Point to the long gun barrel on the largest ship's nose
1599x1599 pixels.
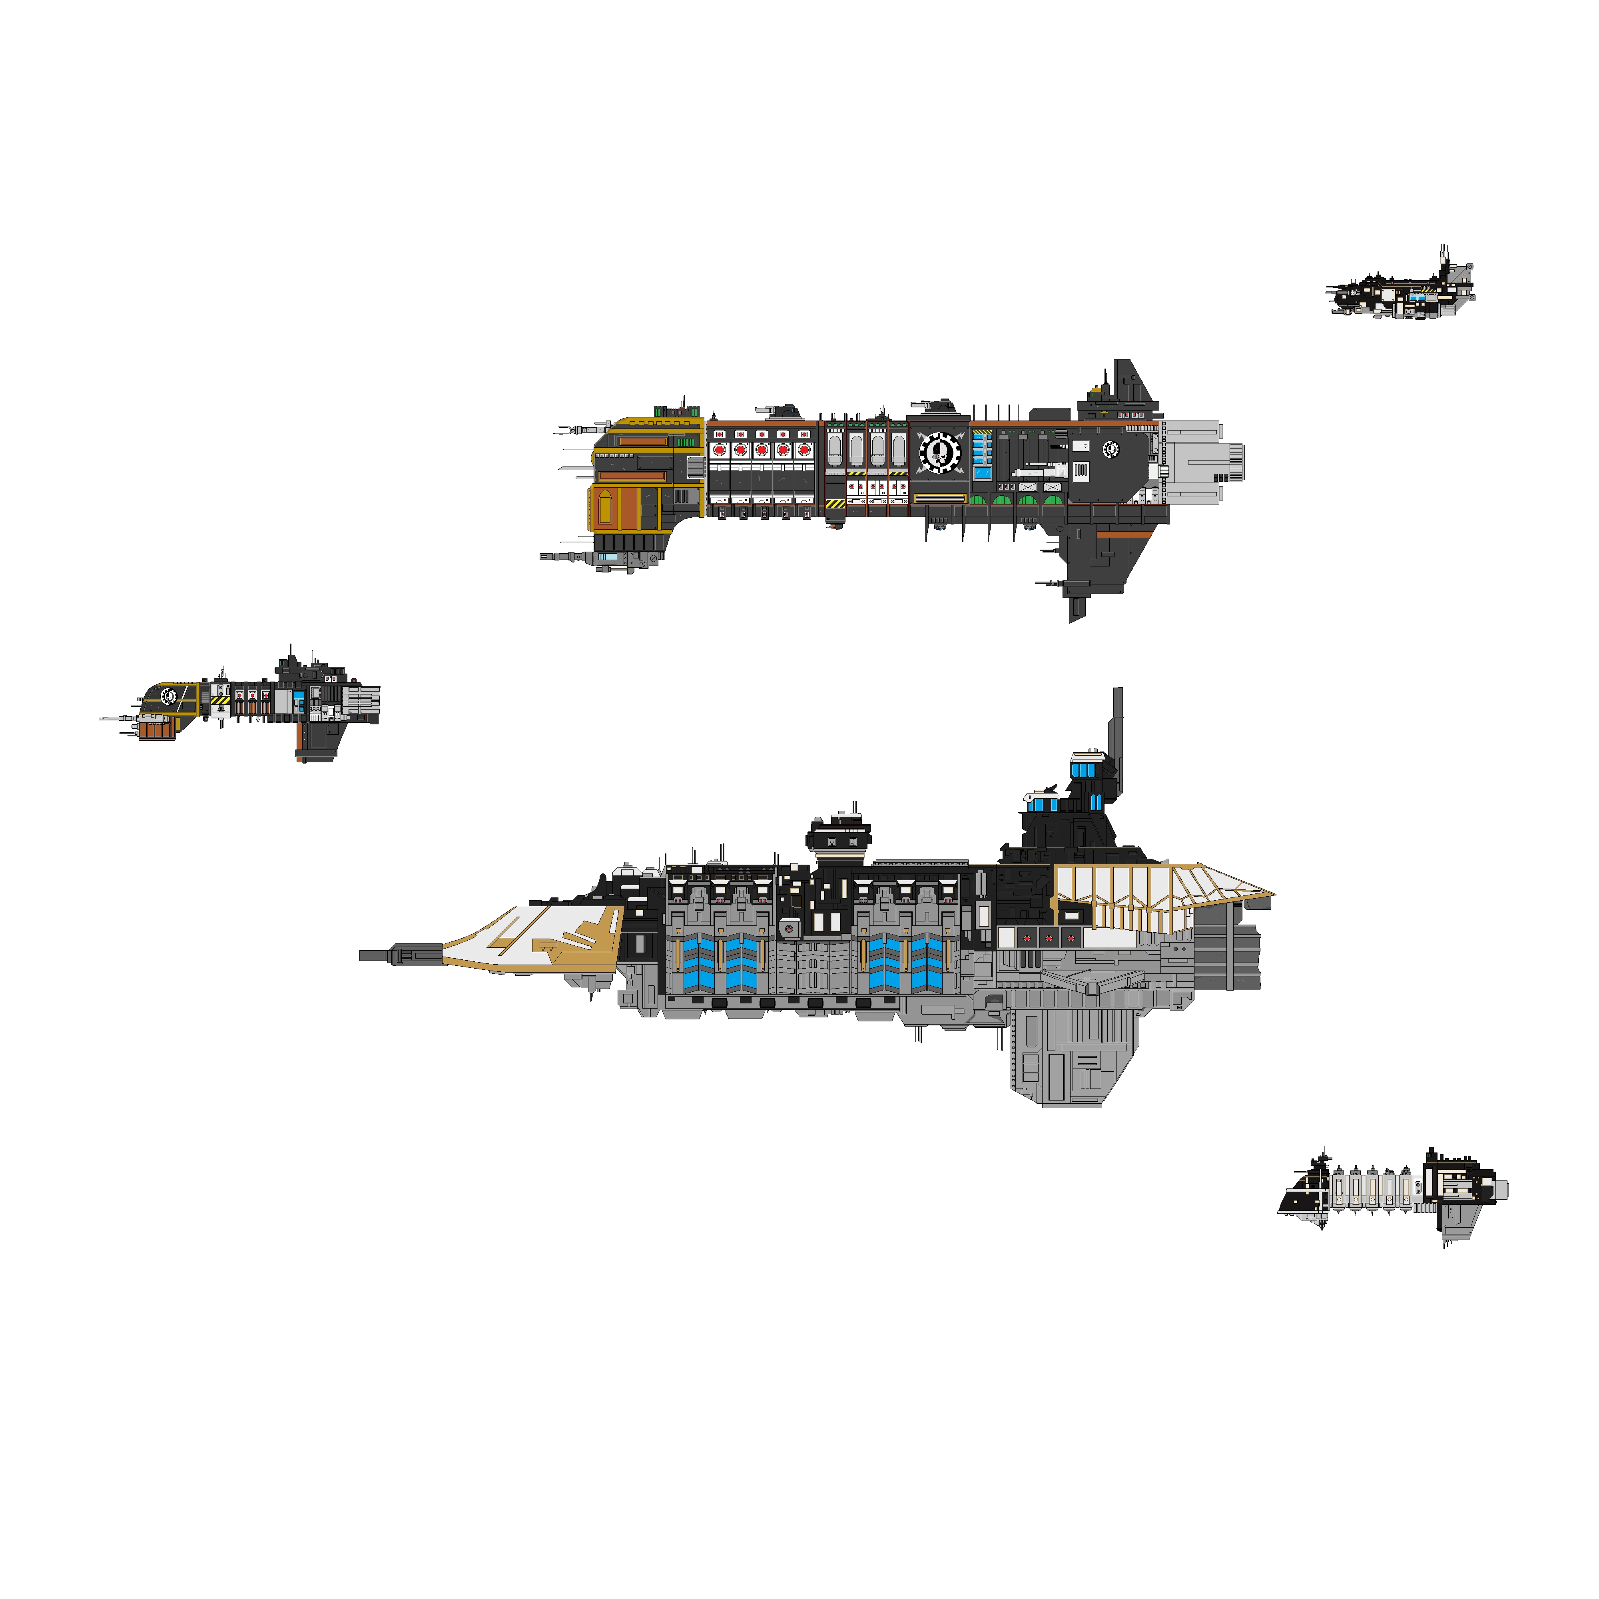(x=397, y=956)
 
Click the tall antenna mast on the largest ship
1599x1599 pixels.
(x=1117, y=728)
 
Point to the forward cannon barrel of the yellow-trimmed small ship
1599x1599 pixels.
(x=116, y=718)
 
